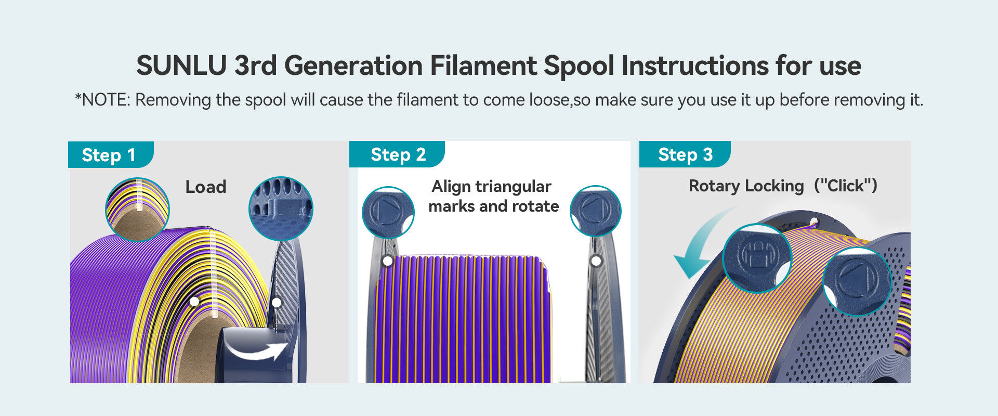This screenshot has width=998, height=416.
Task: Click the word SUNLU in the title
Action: (x=181, y=66)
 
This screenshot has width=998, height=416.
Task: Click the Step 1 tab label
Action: (x=109, y=155)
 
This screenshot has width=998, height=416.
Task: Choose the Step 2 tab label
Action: (x=398, y=154)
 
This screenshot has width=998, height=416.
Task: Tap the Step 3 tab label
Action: (x=685, y=154)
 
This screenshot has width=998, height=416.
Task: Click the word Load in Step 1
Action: (x=206, y=187)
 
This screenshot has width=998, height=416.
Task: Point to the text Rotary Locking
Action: (x=746, y=186)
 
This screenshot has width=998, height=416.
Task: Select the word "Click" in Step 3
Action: (x=845, y=186)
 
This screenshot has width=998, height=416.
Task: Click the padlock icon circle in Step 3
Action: (x=757, y=258)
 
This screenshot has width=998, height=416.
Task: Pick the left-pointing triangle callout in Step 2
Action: (x=596, y=211)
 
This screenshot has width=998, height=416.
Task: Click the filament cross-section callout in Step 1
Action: (x=137, y=209)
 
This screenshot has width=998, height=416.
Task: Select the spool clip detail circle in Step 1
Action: (x=281, y=209)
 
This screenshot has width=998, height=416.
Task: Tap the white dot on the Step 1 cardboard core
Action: (x=194, y=302)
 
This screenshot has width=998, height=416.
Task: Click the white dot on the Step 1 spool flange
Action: (x=277, y=302)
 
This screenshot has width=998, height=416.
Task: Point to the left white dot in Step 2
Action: (x=387, y=261)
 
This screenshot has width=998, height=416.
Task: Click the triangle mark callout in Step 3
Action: (x=857, y=281)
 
